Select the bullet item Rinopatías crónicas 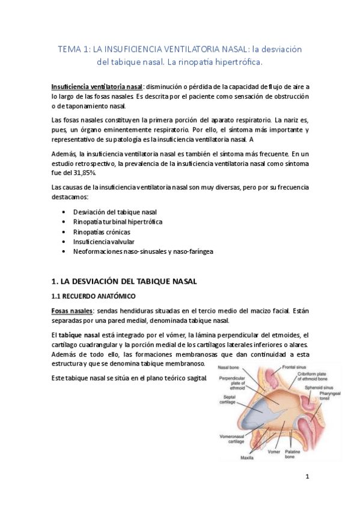[x=101, y=232]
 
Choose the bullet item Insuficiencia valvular [x=104, y=241]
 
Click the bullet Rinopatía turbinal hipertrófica [x=117, y=222]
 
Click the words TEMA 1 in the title [x=73, y=49]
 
